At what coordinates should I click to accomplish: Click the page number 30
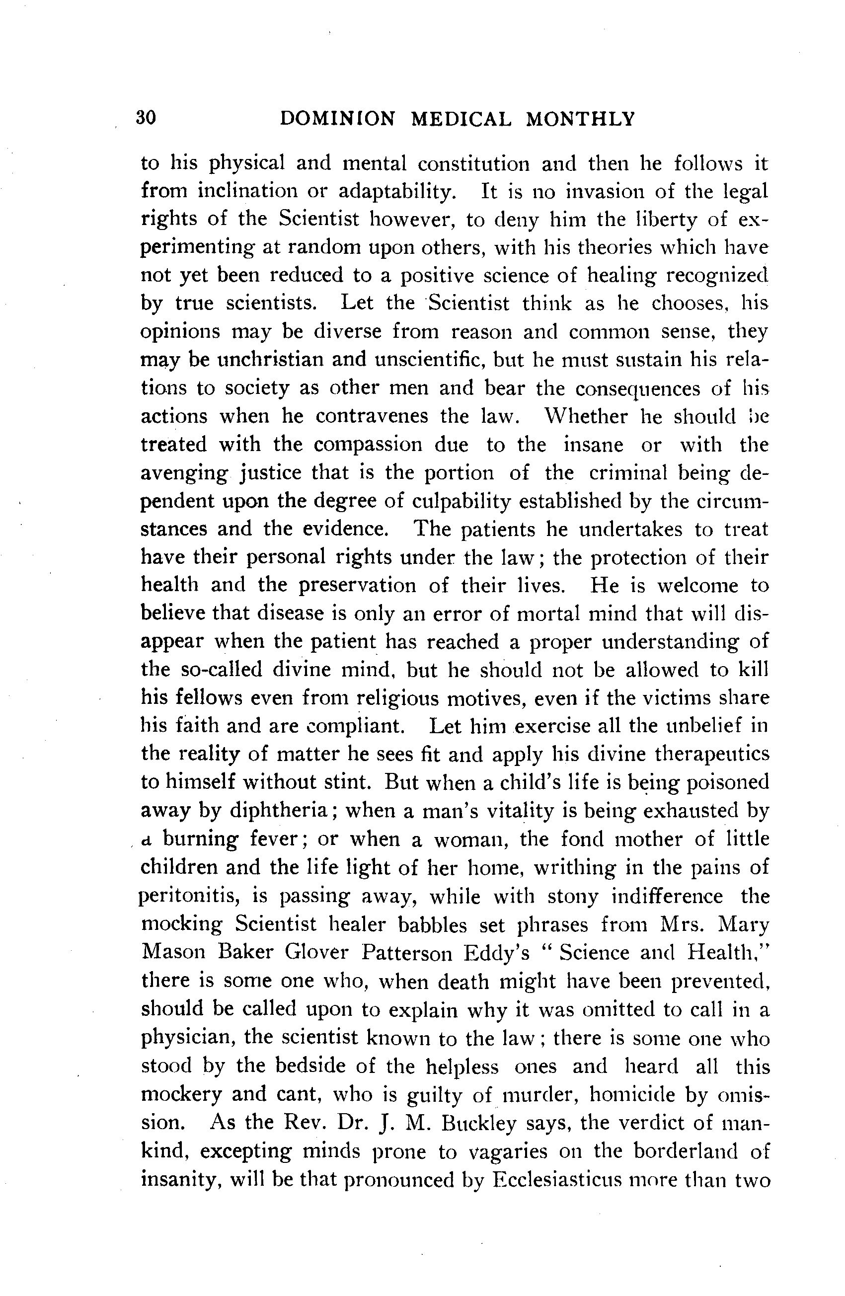point(146,118)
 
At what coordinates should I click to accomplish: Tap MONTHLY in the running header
point(580,119)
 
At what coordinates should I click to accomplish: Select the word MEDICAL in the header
point(461,119)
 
